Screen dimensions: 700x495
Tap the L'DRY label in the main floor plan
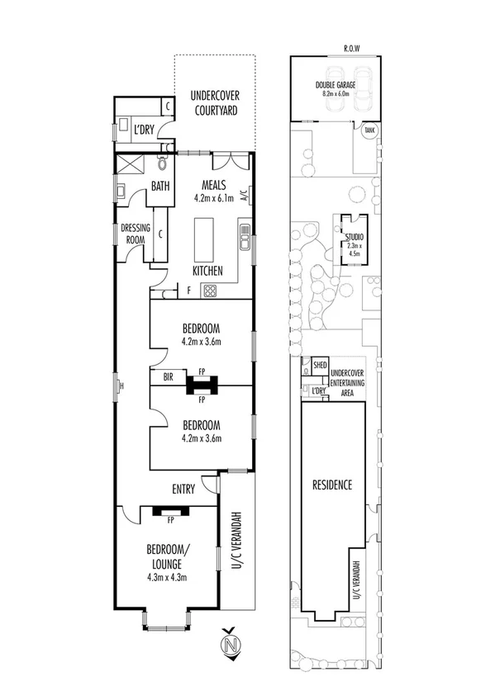tap(145, 130)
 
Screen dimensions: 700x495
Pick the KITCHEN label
tap(207, 270)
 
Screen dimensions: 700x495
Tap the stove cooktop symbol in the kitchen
tap(210, 290)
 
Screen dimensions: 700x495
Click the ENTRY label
tap(183, 490)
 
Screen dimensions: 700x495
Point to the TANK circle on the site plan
tap(369, 130)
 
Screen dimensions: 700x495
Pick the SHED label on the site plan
tap(320, 364)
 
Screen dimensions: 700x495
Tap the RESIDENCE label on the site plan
tap(332, 485)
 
